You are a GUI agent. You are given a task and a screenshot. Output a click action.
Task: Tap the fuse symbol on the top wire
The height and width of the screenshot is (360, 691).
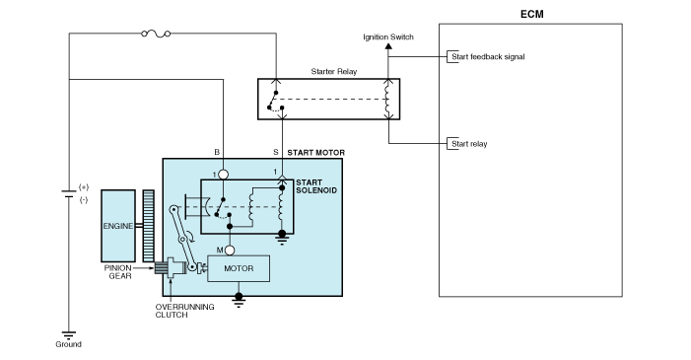(x=156, y=34)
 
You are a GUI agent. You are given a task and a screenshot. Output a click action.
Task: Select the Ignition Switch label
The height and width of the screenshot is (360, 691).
(x=388, y=37)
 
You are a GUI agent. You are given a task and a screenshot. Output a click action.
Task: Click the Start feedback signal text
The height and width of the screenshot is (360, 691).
(x=488, y=57)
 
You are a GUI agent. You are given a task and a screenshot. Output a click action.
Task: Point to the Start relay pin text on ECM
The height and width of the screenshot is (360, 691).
(x=469, y=144)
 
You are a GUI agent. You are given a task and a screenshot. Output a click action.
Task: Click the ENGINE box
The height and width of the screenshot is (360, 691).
(x=118, y=226)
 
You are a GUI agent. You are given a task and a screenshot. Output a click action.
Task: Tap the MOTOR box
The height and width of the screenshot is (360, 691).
(x=240, y=266)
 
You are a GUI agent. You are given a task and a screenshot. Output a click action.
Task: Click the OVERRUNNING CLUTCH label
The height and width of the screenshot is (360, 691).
(x=177, y=312)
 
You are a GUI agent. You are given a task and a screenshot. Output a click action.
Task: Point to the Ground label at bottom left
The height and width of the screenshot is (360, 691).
(x=69, y=344)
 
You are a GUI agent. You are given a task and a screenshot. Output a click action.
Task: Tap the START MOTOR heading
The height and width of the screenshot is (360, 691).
(x=315, y=153)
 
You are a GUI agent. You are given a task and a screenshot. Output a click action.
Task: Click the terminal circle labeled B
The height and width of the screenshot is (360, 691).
(x=225, y=174)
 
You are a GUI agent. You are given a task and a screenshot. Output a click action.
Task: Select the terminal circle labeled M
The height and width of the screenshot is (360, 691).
(x=230, y=250)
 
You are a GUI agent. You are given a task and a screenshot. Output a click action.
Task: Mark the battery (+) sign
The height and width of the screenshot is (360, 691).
(x=84, y=186)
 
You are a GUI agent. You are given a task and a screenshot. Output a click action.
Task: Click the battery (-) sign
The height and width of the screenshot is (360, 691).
(x=84, y=199)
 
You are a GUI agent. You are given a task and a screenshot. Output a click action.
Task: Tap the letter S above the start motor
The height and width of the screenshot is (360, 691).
(x=275, y=153)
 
